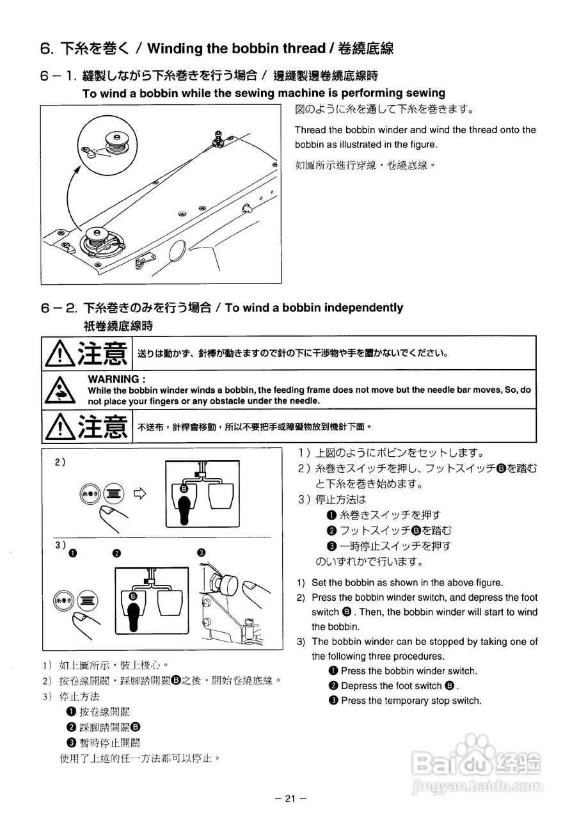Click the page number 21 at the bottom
tap(290, 798)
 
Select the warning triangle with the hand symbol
tap(58, 389)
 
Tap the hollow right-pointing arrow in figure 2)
tap(140, 493)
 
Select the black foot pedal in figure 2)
tap(184, 505)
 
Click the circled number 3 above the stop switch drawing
tap(201, 553)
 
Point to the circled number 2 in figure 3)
tap(116, 553)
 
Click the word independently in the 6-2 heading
tap(363, 308)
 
